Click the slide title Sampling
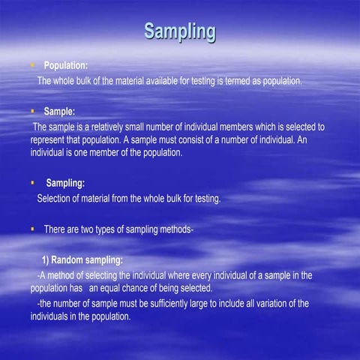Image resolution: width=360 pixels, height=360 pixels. pyautogui.click(x=180, y=31)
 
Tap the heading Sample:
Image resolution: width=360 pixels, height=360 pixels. pyautogui.click(x=64, y=112)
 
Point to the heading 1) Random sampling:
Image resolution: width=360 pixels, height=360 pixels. pyautogui.click(x=83, y=261)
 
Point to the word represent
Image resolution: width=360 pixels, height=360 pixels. pyautogui.click(x=50, y=139)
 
